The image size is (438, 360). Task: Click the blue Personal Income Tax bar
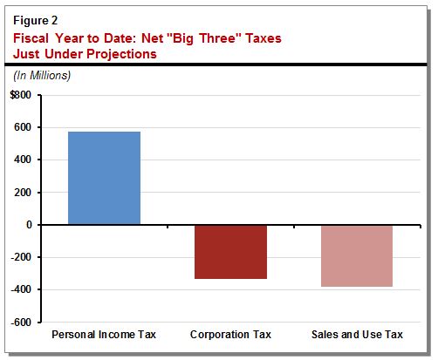(104, 178)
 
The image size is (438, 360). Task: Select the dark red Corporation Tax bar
(230, 252)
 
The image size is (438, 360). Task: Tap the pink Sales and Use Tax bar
(356, 255)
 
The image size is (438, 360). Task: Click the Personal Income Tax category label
(104, 335)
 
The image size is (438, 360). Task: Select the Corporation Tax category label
(230, 335)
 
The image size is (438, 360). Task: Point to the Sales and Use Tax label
(356, 335)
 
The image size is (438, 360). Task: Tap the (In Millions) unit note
(42, 76)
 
